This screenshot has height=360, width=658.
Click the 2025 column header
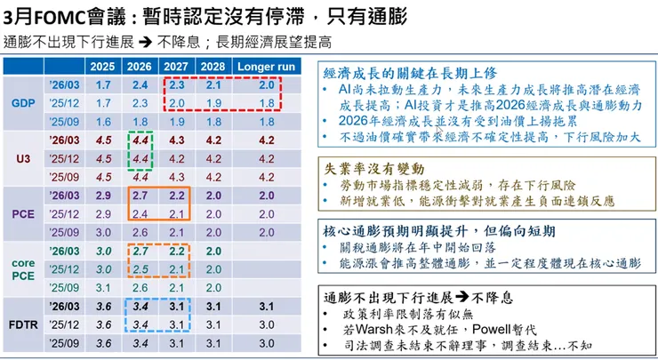click(x=102, y=66)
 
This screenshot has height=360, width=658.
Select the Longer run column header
click(x=266, y=66)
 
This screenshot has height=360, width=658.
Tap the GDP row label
click(x=24, y=103)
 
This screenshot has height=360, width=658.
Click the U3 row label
click(x=24, y=158)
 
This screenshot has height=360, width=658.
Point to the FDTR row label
click(x=24, y=324)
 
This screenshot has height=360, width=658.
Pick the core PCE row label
click(x=24, y=269)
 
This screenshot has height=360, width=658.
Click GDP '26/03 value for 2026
click(x=140, y=85)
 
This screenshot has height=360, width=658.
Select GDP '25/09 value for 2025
click(x=102, y=121)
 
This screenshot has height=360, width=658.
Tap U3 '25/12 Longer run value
click(x=266, y=158)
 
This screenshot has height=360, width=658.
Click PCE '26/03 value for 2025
click(x=102, y=195)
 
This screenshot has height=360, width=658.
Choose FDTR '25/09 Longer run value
click(x=266, y=342)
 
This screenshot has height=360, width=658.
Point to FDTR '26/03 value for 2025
click(x=102, y=306)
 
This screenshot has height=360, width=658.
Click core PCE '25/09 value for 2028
click(x=214, y=287)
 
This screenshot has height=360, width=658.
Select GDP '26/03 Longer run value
click(x=266, y=85)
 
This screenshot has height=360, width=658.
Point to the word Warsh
click(x=363, y=328)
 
